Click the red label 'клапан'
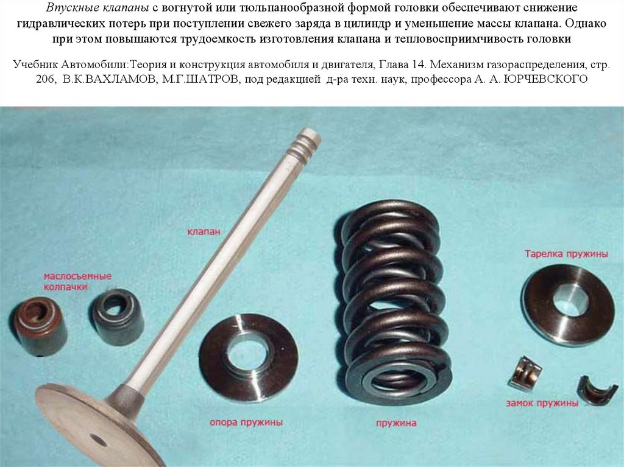pyautogui.click(x=204, y=231)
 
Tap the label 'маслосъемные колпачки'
pyautogui.click(x=77, y=281)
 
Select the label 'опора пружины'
pyautogui.click(x=246, y=422)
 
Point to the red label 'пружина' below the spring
pyautogui.click(x=396, y=423)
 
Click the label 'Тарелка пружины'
pyautogui.click(x=566, y=254)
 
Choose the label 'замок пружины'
pyautogui.click(x=542, y=403)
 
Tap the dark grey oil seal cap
pyautogui.click(x=118, y=317)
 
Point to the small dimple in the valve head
pyautogui.click(x=98, y=440)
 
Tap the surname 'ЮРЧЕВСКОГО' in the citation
pyautogui.click(x=545, y=79)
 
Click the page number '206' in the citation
pyautogui.click(x=44, y=80)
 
